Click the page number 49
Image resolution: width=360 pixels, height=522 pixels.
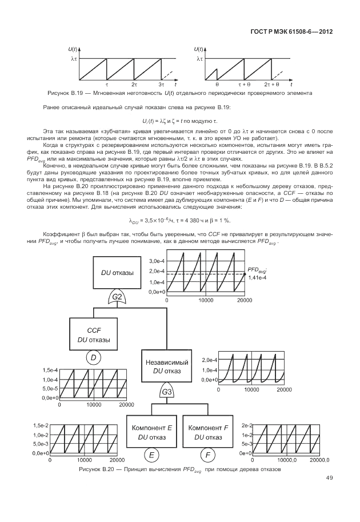click(330, 478)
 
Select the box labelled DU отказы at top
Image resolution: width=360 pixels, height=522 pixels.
click(117, 273)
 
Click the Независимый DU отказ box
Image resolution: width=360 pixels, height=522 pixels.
click(167, 366)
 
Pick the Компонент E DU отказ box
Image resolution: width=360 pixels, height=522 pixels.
click(152, 433)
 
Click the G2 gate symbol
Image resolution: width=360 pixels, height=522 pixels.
click(118, 297)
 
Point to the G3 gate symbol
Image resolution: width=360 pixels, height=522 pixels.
click(167, 392)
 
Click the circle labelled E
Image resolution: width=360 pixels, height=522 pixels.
click(152, 455)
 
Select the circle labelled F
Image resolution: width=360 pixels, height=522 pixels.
click(209, 455)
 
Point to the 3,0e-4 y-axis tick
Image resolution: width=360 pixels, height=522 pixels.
click(156, 260)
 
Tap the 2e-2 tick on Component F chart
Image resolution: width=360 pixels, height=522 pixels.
click(246, 426)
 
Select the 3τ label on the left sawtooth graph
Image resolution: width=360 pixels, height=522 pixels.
click(161, 84)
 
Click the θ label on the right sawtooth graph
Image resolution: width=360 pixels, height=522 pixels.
click(217, 84)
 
